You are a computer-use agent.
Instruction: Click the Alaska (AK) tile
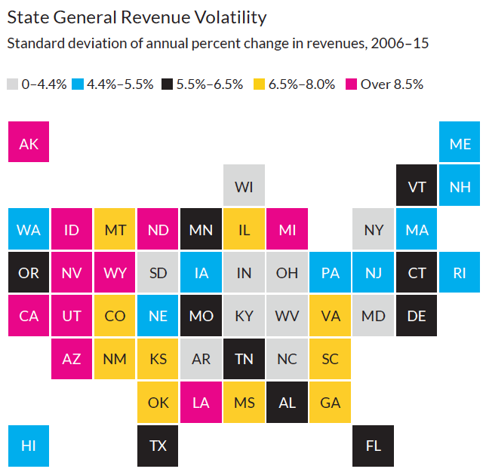(x=29, y=143)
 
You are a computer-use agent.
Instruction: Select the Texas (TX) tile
(x=158, y=445)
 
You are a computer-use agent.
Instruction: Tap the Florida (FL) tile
(x=374, y=445)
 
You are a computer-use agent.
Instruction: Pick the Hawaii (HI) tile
(x=29, y=445)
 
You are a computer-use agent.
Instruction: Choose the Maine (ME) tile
(x=460, y=143)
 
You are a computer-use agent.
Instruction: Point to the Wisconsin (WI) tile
(x=244, y=186)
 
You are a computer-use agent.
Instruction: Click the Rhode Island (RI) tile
(x=460, y=272)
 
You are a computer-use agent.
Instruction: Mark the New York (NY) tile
(x=374, y=229)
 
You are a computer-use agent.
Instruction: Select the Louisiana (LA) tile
(x=201, y=402)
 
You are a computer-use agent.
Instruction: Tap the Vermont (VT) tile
(x=417, y=186)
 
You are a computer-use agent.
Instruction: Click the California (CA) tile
(x=29, y=315)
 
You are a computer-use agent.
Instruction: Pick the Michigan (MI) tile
(x=287, y=229)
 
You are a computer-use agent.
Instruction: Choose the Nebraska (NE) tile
(x=158, y=315)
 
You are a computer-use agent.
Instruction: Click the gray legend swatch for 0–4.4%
(x=12, y=84)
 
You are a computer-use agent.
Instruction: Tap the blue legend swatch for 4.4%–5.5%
(x=78, y=84)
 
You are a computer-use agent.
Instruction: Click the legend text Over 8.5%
(x=392, y=84)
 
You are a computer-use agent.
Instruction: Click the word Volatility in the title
(x=222, y=17)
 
